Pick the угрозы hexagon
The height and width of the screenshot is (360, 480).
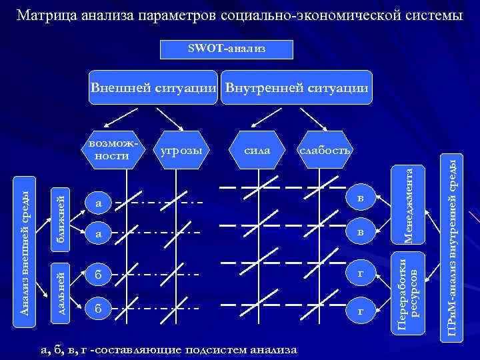[x=181, y=151]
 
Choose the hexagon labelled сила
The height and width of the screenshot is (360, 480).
[x=257, y=151]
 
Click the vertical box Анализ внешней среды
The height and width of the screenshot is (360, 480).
[x=25, y=245]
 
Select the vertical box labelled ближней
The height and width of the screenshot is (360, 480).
[x=60, y=219]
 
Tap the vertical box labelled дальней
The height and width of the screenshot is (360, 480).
[x=60, y=290]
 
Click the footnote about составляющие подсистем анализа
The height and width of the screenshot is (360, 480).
[x=169, y=349]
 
